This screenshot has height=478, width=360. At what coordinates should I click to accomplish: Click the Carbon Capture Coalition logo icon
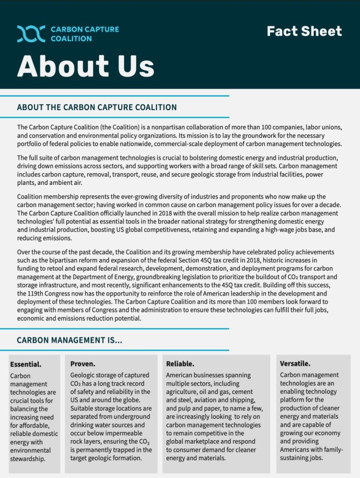coord(31,34)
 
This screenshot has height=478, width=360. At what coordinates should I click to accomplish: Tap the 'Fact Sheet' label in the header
coord(304,31)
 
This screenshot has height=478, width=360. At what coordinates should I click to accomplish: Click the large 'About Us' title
coord(85,66)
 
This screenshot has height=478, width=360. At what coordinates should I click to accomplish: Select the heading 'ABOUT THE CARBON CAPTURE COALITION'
coord(97,107)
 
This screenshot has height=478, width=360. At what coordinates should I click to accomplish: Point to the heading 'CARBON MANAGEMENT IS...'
coord(70,340)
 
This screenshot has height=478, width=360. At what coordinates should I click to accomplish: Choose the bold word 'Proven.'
coord(83,364)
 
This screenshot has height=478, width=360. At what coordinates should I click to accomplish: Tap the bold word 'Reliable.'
coord(180,364)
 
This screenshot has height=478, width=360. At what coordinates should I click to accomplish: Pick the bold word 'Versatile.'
coord(295,364)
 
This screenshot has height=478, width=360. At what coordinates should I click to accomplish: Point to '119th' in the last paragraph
coord(39,294)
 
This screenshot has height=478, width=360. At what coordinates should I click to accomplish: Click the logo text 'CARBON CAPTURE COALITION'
coord(84,34)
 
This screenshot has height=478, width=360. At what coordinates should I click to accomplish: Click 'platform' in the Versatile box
coord(293,400)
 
